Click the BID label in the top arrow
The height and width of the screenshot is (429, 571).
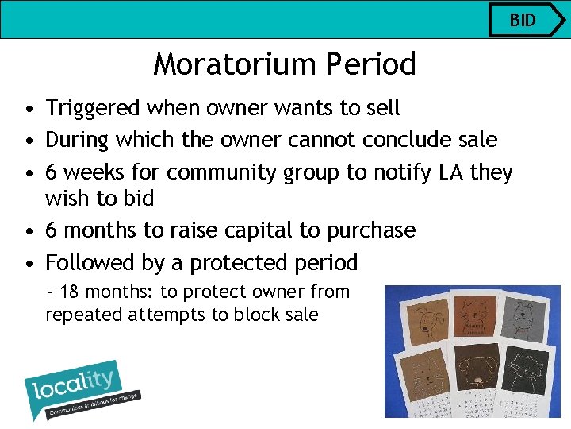[523, 20]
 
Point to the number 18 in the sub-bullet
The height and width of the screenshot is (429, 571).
[69, 292]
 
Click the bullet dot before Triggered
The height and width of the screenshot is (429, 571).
[28, 109]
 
